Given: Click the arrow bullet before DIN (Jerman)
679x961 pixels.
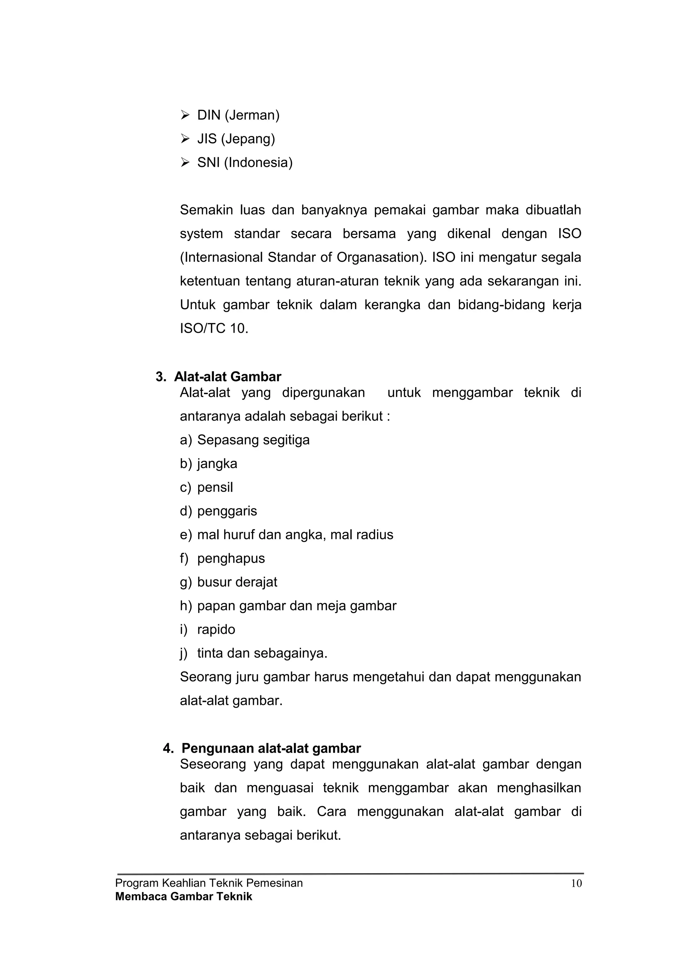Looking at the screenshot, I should (x=185, y=115).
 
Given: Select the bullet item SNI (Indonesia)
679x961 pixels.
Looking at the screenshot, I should (x=245, y=163).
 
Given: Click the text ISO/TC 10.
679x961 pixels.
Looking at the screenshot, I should (x=214, y=328).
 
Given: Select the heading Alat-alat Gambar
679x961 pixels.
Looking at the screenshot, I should (x=227, y=377).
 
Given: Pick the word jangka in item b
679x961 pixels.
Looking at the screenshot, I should (x=217, y=464).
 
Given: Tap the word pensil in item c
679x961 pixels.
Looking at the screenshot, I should (x=215, y=487).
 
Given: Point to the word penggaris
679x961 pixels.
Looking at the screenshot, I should (x=227, y=511).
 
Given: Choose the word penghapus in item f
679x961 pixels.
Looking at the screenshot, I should (x=231, y=558).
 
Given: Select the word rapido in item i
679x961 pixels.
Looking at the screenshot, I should (x=216, y=630).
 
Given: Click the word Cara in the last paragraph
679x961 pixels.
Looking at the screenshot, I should (x=331, y=812).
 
